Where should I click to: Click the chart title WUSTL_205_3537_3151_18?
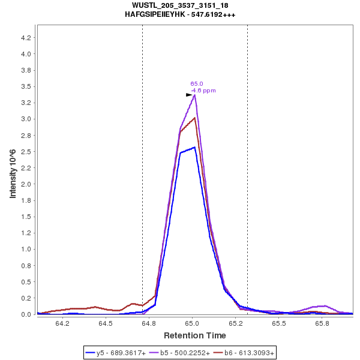(180, 5)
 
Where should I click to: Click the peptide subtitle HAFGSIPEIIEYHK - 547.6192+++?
(180, 14)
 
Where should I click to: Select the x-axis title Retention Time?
(195, 335)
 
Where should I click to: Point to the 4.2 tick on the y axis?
(26, 38)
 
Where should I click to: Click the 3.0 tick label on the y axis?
(26, 119)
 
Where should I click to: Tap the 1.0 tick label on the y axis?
(26, 249)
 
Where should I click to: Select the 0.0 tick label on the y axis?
(26, 314)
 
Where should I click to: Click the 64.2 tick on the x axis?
(62, 323)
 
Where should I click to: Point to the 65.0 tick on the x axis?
(193, 323)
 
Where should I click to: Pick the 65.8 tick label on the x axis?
(322, 323)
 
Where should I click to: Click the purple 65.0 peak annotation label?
(197, 84)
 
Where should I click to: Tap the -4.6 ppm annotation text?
(203, 91)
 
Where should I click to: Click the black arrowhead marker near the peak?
(189, 95)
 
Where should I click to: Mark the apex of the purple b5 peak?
(194, 95)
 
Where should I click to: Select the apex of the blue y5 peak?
(194, 147)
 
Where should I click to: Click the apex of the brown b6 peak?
(194, 118)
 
